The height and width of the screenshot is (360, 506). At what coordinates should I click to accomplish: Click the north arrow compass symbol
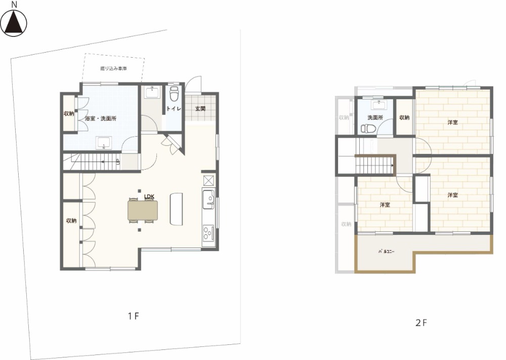pyautogui.click(x=14, y=23)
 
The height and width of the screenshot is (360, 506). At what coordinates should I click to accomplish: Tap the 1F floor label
pyautogui.click(x=133, y=316)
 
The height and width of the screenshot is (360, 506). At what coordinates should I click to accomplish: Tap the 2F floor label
pyautogui.click(x=421, y=323)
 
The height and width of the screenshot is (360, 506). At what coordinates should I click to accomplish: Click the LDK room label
pyautogui.click(x=149, y=196)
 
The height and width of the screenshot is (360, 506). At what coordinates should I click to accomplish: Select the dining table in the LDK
pyautogui.click(x=143, y=211)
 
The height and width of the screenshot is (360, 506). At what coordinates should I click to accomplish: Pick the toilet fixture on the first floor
pyautogui.click(x=174, y=93)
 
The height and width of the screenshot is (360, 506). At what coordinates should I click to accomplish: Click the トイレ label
pyautogui.click(x=174, y=108)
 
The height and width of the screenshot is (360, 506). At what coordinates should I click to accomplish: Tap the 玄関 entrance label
pyautogui.click(x=200, y=108)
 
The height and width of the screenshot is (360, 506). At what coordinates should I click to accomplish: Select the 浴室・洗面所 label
pyautogui.click(x=100, y=118)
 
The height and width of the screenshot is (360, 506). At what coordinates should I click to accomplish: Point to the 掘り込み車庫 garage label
pyautogui.click(x=113, y=68)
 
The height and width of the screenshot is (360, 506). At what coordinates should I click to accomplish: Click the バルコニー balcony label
pyautogui.click(x=387, y=252)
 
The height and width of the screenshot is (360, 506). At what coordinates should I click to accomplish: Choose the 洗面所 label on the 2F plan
pyautogui.click(x=375, y=117)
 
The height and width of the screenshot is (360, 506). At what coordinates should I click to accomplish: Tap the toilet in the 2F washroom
pyautogui.click(x=368, y=129)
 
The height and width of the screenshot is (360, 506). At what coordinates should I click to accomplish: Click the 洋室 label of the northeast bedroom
pyautogui.click(x=453, y=123)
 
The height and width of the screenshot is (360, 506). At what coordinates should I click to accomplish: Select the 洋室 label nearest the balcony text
pyautogui.click(x=385, y=205)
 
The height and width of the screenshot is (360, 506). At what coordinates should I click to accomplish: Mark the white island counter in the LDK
pyautogui.click(x=176, y=209)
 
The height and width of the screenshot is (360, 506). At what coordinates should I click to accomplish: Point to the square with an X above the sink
pyautogui.click(x=208, y=180)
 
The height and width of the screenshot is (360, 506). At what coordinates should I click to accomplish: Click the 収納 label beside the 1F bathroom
pyautogui.click(x=69, y=113)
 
